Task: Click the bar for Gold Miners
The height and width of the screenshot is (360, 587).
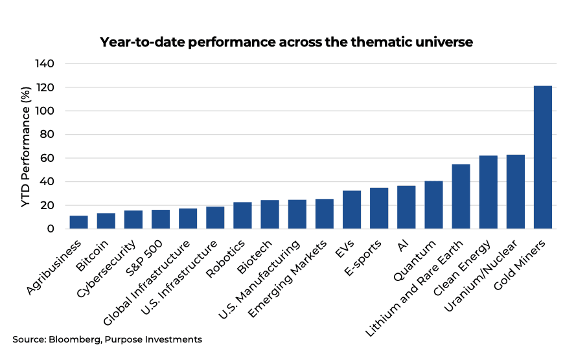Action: pyautogui.click(x=542, y=157)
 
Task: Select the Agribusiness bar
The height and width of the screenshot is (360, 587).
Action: pyautogui.click(x=79, y=222)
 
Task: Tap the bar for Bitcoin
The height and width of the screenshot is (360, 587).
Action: pyautogui.click(x=106, y=221)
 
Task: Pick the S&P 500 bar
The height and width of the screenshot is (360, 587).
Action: pyautogui.click(x=161, y=219)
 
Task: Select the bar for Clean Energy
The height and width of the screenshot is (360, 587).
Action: pyautogui.click(x=488, y=192)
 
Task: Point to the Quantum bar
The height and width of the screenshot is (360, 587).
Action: pyautogui.click(x=433, y=205)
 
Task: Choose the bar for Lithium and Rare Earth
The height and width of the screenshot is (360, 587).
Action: pyautogui.click(x=461, y=196)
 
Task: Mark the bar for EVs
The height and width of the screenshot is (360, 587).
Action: pyautogui.click(x=352, y=210)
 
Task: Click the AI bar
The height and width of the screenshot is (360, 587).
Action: pyautogui.click(x=406, y=207)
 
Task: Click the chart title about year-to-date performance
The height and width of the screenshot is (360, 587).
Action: pyautogui.click(x=286, y=43)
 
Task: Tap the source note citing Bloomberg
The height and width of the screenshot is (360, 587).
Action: pyautogui.click(x=107, y=339)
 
